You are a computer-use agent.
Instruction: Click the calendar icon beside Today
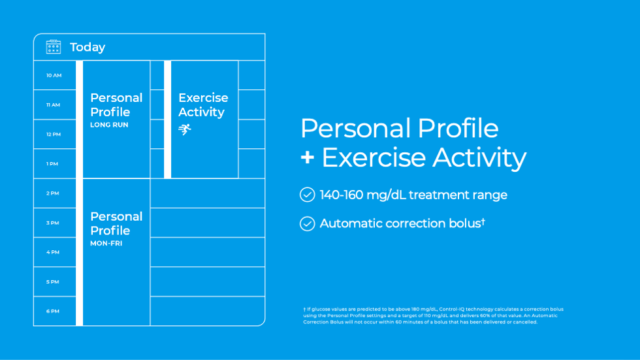point(54,47)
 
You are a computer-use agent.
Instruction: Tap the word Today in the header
point(88,47)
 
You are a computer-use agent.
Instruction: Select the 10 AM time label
point(54,76)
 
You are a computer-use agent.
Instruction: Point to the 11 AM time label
point(53,105)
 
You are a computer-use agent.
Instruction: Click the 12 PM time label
point(54,135)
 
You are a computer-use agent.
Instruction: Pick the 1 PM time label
point(52,164)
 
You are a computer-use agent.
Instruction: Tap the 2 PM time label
point(53,193)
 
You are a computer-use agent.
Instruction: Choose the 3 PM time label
point(53,223)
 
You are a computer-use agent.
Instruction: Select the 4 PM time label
point(53,252)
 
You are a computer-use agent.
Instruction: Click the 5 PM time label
point(53,282)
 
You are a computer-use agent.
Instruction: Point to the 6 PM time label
point(53,312)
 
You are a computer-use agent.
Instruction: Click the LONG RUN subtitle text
point(110,125)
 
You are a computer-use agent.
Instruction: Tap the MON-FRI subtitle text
point(106,243)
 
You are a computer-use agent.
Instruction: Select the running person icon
point(184,129)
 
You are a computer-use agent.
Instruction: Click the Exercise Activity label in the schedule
point(203,105)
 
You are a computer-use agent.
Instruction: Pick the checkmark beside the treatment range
point(308,195)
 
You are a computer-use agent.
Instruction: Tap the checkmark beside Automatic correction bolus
point(308,223)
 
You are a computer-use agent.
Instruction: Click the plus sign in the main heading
point(308,157)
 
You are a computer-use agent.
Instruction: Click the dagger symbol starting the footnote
point(304,310)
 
